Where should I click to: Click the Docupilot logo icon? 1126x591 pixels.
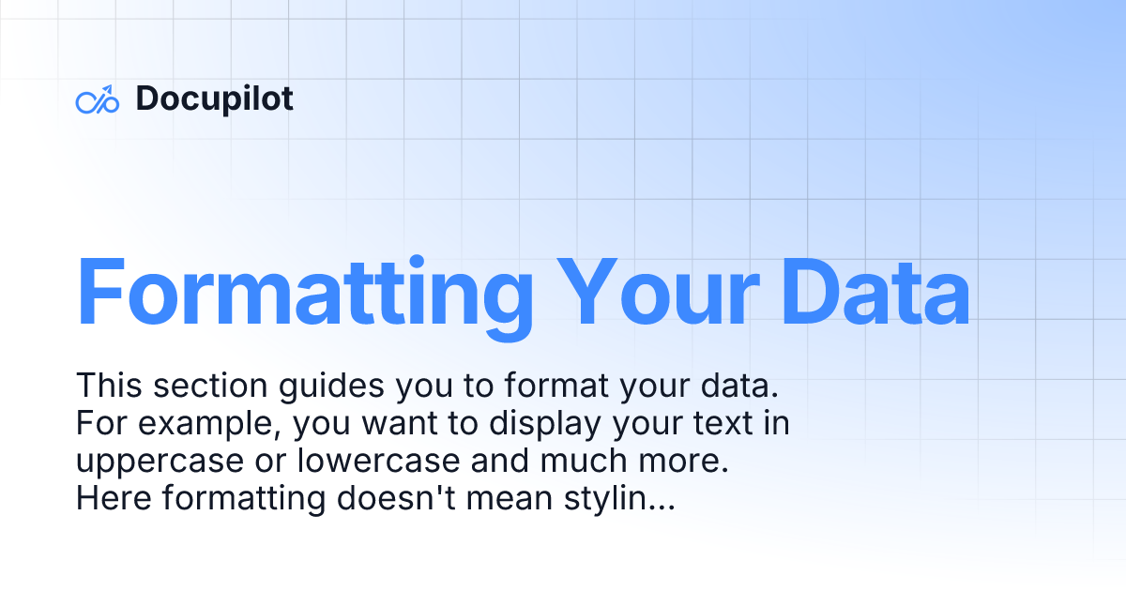click(97, 99)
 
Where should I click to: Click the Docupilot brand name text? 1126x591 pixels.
click(214, 98)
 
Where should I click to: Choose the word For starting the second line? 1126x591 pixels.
click(99, 425)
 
